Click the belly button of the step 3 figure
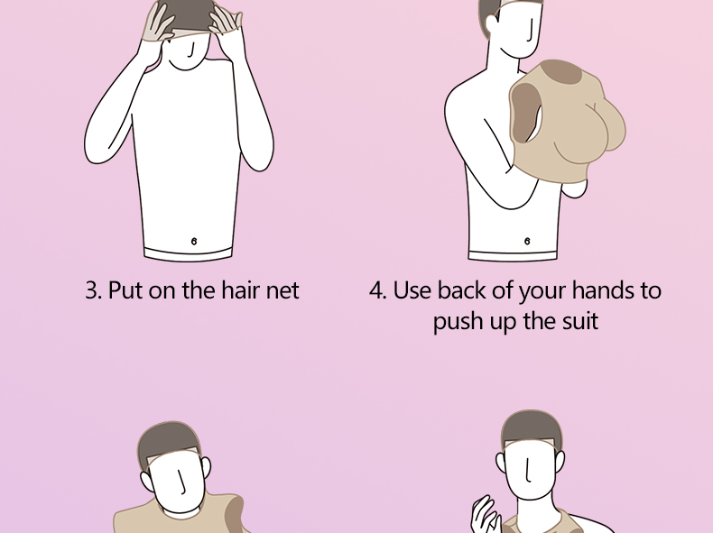coord(194,241)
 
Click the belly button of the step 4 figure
coord(527,241)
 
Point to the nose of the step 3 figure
coord(192,50)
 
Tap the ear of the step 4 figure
coord(491,26)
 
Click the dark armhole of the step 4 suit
coord(524,113)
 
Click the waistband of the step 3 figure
coord(189,254)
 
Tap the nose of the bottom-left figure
coord(182,482)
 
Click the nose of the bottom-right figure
coord(528,469)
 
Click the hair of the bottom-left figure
coord(167,444)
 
